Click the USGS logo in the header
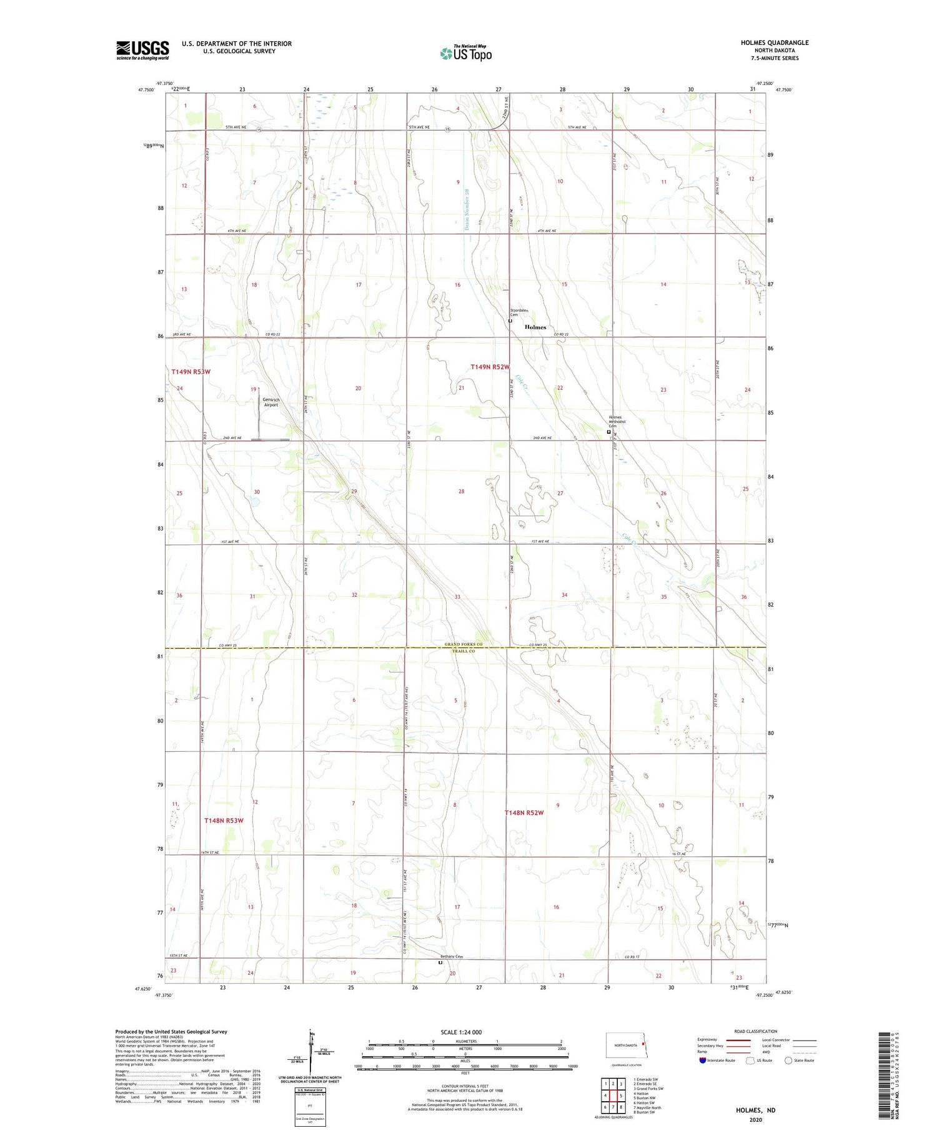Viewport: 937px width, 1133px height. [142, 50]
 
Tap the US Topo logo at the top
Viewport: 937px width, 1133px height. [466, 53]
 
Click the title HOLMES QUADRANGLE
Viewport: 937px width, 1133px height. [774, 42]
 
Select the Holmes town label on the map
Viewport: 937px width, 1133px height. [535, 327]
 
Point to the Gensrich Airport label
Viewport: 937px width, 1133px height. [270, 402]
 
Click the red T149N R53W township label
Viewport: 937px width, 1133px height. [191, 372]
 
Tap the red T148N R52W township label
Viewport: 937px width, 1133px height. [524, 813]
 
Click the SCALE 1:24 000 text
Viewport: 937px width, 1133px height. [461, 1032]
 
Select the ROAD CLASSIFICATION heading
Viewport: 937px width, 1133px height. [756, 1031]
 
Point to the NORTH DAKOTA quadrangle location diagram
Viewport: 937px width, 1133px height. [625, 1046]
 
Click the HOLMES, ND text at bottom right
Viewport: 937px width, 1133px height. [756, 1110]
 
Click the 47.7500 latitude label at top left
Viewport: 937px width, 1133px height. [145, 90]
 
